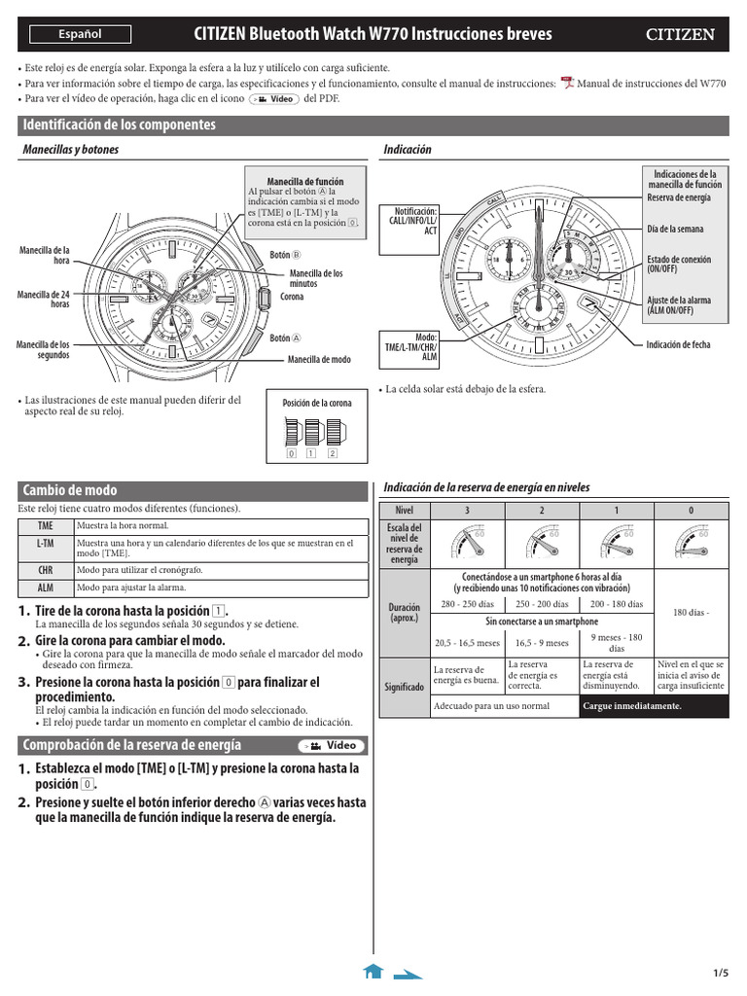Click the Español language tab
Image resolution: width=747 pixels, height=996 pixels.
point(80,35)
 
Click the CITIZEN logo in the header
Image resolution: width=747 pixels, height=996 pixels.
point(681,35)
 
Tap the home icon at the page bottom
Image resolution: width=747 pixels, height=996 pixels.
point(373,971)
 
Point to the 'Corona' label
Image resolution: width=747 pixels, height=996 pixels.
point(292,297)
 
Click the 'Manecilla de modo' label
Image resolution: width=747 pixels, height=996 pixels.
point(319,360)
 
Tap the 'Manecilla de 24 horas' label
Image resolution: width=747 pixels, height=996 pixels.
point(46,299)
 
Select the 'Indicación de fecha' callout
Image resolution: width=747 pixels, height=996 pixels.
point(678,344)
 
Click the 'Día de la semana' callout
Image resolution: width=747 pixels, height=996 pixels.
point(675,230)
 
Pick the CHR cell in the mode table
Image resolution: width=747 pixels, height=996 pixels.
point(46,570)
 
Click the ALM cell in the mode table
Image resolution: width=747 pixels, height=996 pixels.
point(46,588)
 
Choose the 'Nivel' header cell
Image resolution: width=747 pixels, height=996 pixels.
point(404,511)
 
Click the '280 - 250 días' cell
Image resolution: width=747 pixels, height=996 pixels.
point(467,604)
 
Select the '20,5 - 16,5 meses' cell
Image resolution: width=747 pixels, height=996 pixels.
point(467,643)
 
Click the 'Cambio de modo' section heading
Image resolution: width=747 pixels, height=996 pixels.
point(70,490)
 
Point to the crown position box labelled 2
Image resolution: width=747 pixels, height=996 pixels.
point(333,453)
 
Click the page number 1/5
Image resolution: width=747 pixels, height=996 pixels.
point(721,974)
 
